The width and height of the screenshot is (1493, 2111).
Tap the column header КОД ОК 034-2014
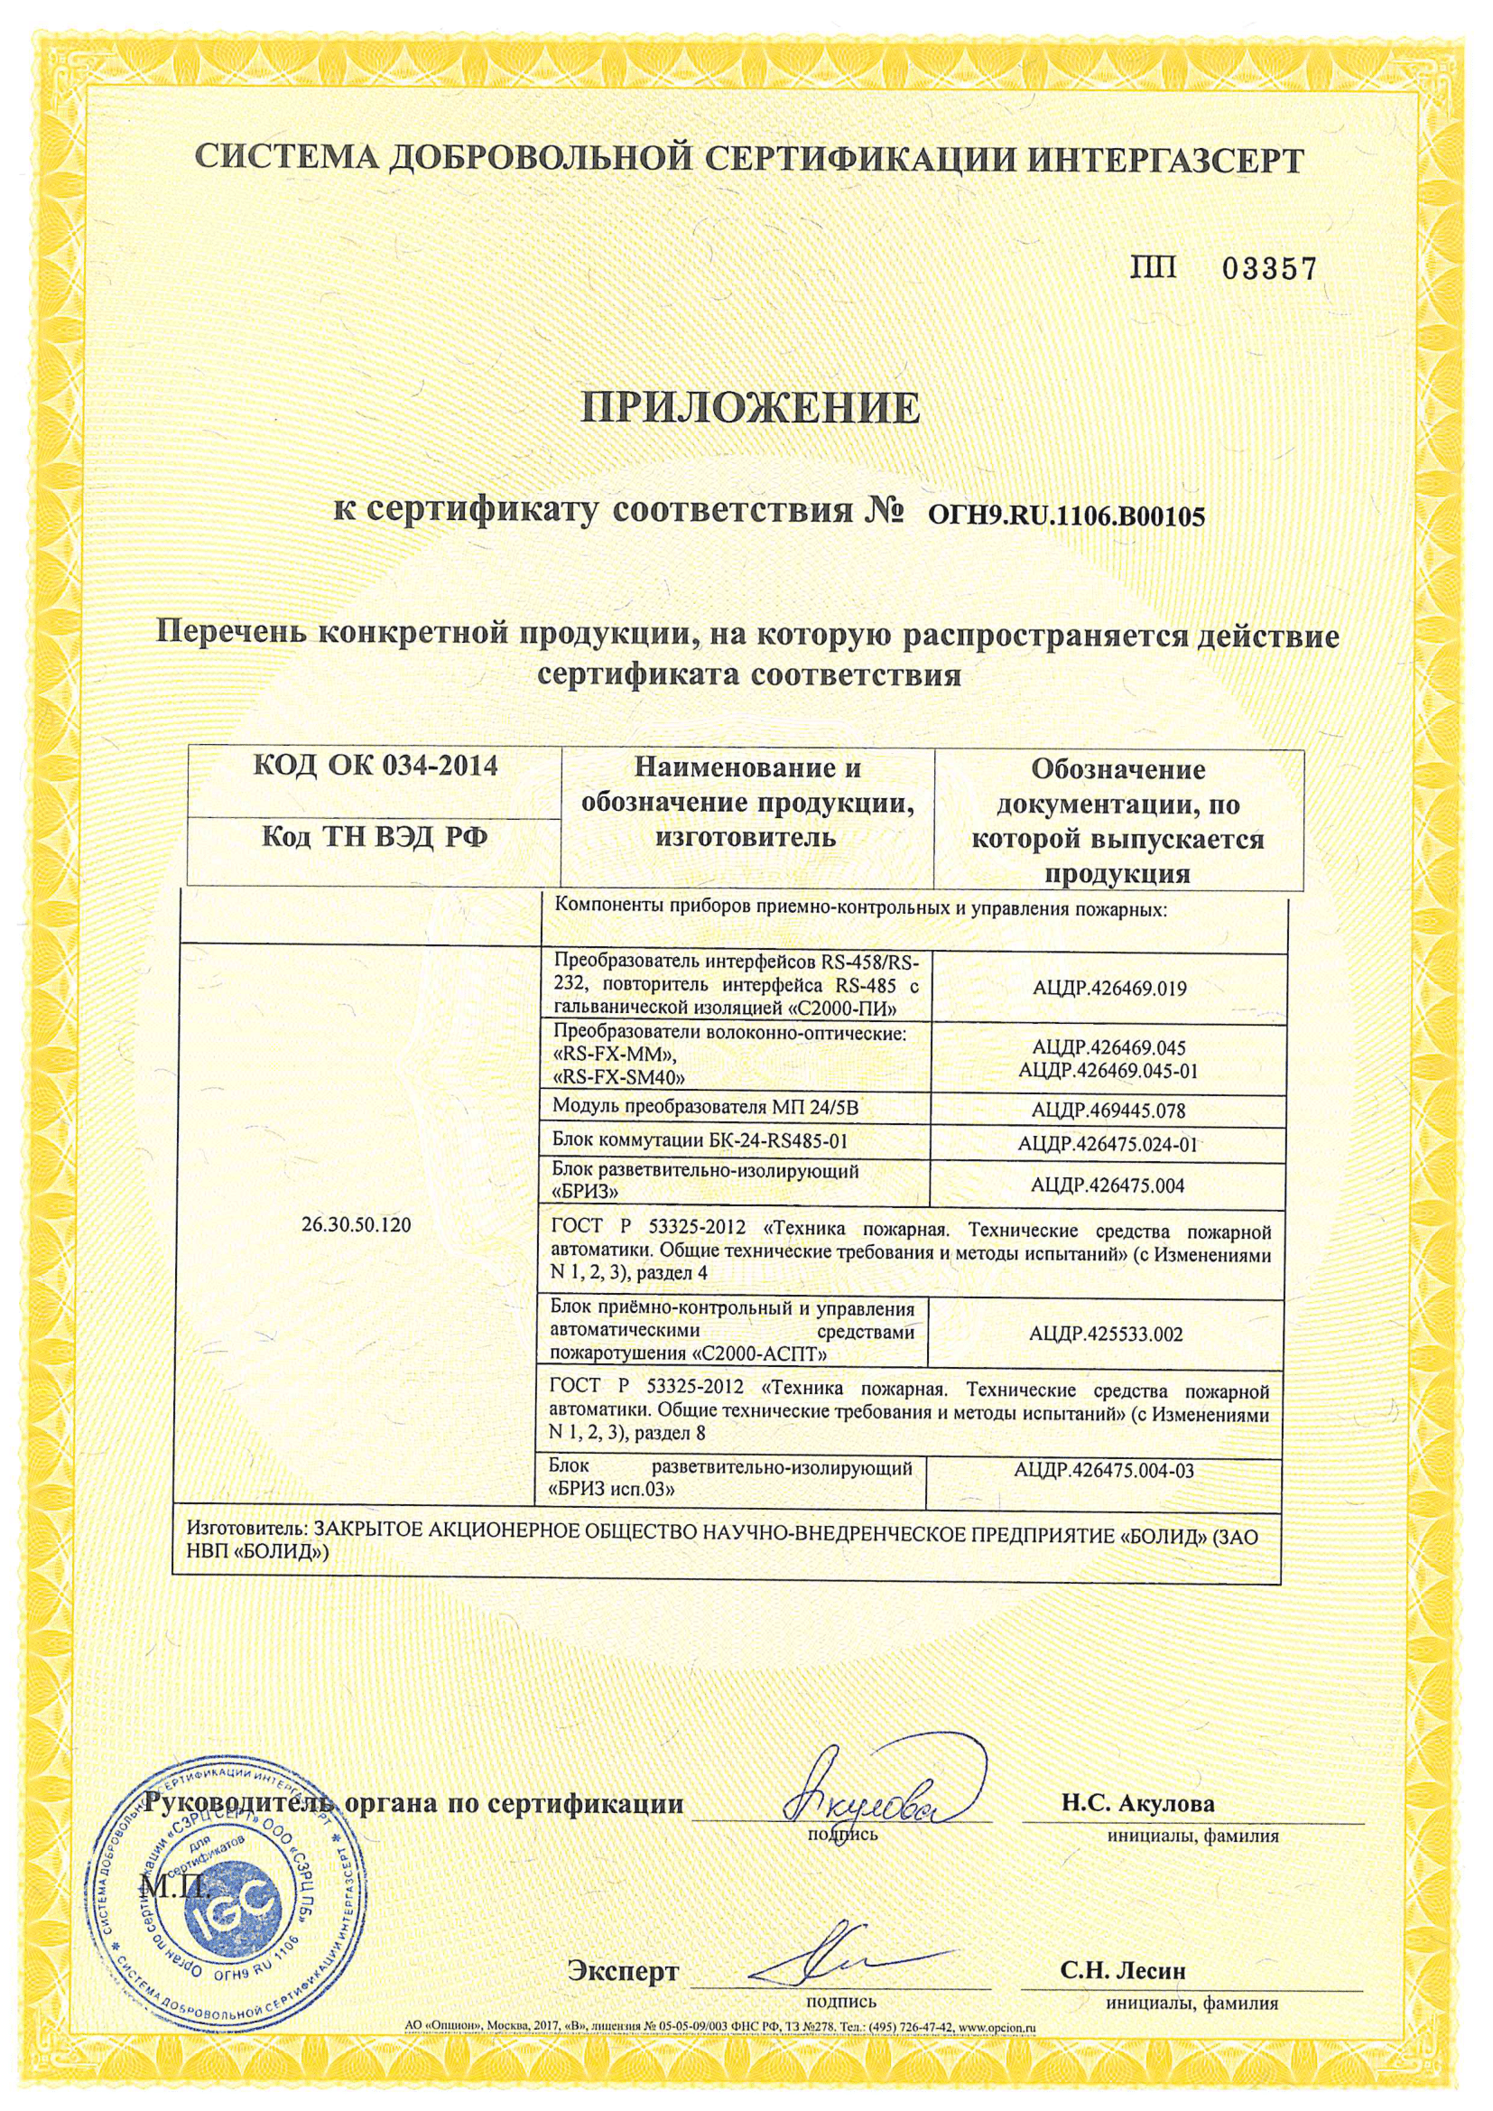click(376, 765)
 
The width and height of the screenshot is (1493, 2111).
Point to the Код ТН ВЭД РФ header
click(376, 838)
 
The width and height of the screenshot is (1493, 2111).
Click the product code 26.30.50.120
click(356, 1224)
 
